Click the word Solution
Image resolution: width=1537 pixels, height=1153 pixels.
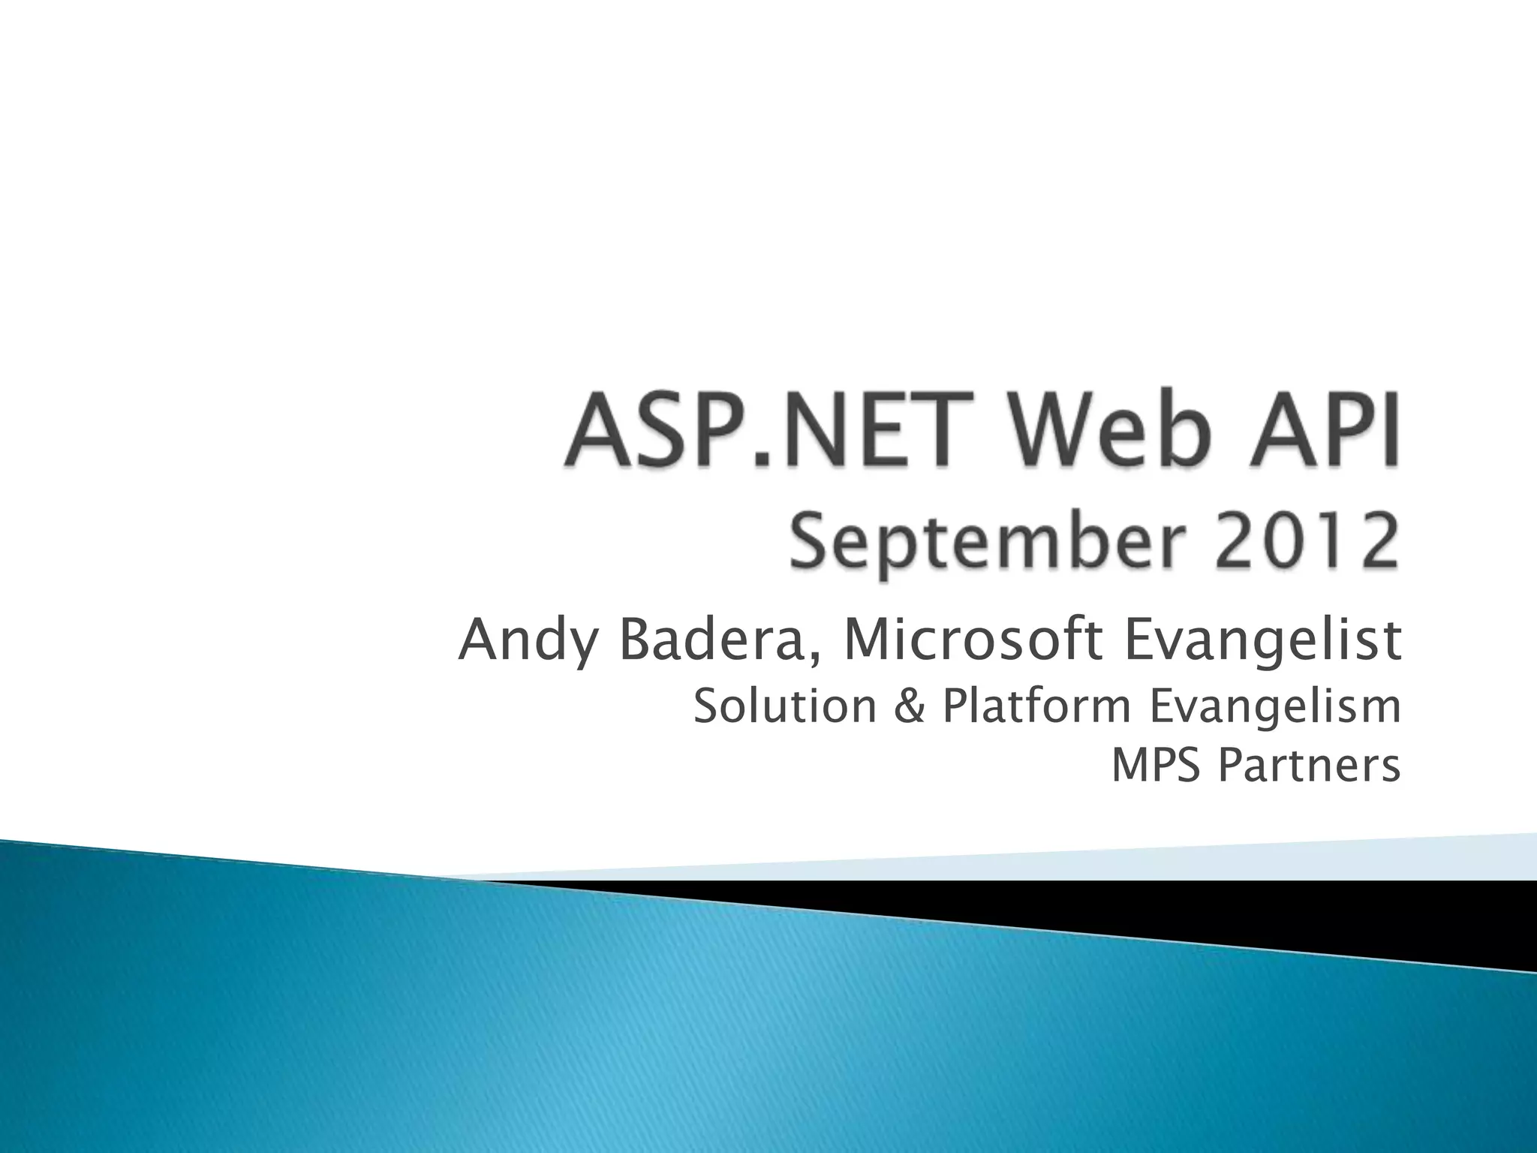click(785, 707)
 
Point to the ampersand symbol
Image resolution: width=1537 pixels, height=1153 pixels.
click(910, 708)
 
